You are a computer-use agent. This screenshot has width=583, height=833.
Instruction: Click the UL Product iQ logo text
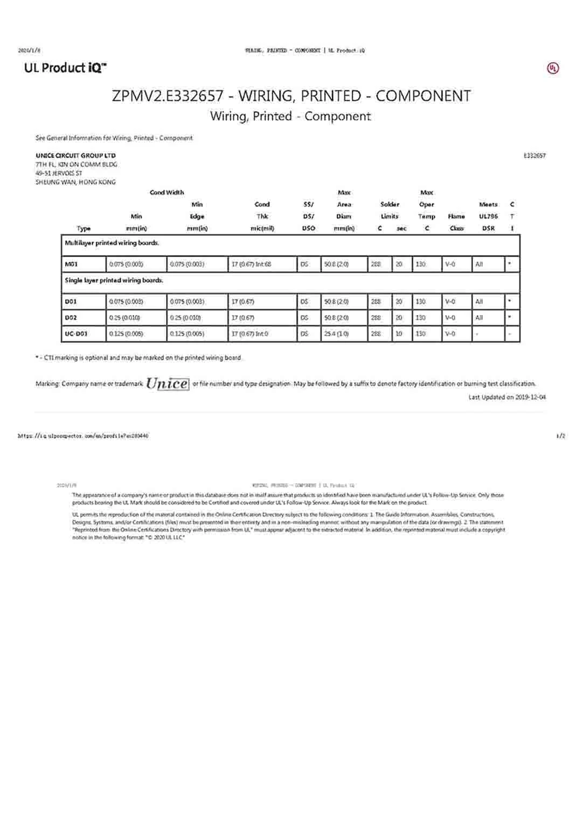[x=65, y=68]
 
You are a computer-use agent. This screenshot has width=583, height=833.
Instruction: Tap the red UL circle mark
[x=553, y=69]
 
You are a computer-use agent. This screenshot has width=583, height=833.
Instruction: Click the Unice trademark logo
[x=168, y=383]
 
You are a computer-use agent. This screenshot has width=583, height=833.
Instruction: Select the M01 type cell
[x=71, y=264]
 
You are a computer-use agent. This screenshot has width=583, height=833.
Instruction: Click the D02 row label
[x=71, y=318]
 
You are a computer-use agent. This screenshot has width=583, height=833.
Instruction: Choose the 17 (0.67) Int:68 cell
[x=251, y=264]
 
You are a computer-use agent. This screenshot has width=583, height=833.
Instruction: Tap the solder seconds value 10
[x=399, y=334]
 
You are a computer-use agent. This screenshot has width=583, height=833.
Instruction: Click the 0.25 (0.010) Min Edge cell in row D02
[x=186, y=318]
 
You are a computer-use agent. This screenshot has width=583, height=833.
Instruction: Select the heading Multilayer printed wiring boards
[x=112, y=243]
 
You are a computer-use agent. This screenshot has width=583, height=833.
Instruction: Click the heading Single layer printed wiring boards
[x=114, y=281]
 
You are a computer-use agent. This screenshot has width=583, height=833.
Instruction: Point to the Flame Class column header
[x=456, y=222]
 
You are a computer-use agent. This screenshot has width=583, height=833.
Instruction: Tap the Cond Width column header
[x=166, y=193]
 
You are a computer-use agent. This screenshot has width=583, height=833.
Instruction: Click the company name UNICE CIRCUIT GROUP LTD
[x=75, y=156]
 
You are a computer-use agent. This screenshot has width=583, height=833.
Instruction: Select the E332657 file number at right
[x=534, y=156]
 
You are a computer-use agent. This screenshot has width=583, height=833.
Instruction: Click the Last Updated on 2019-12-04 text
[x=506, y=398]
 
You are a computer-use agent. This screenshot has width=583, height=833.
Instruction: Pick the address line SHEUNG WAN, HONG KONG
[x=75, y=182]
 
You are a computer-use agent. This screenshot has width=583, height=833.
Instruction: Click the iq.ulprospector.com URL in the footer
[x=83, y=436]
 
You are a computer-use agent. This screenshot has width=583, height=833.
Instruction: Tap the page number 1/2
[x=560, y=436]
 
